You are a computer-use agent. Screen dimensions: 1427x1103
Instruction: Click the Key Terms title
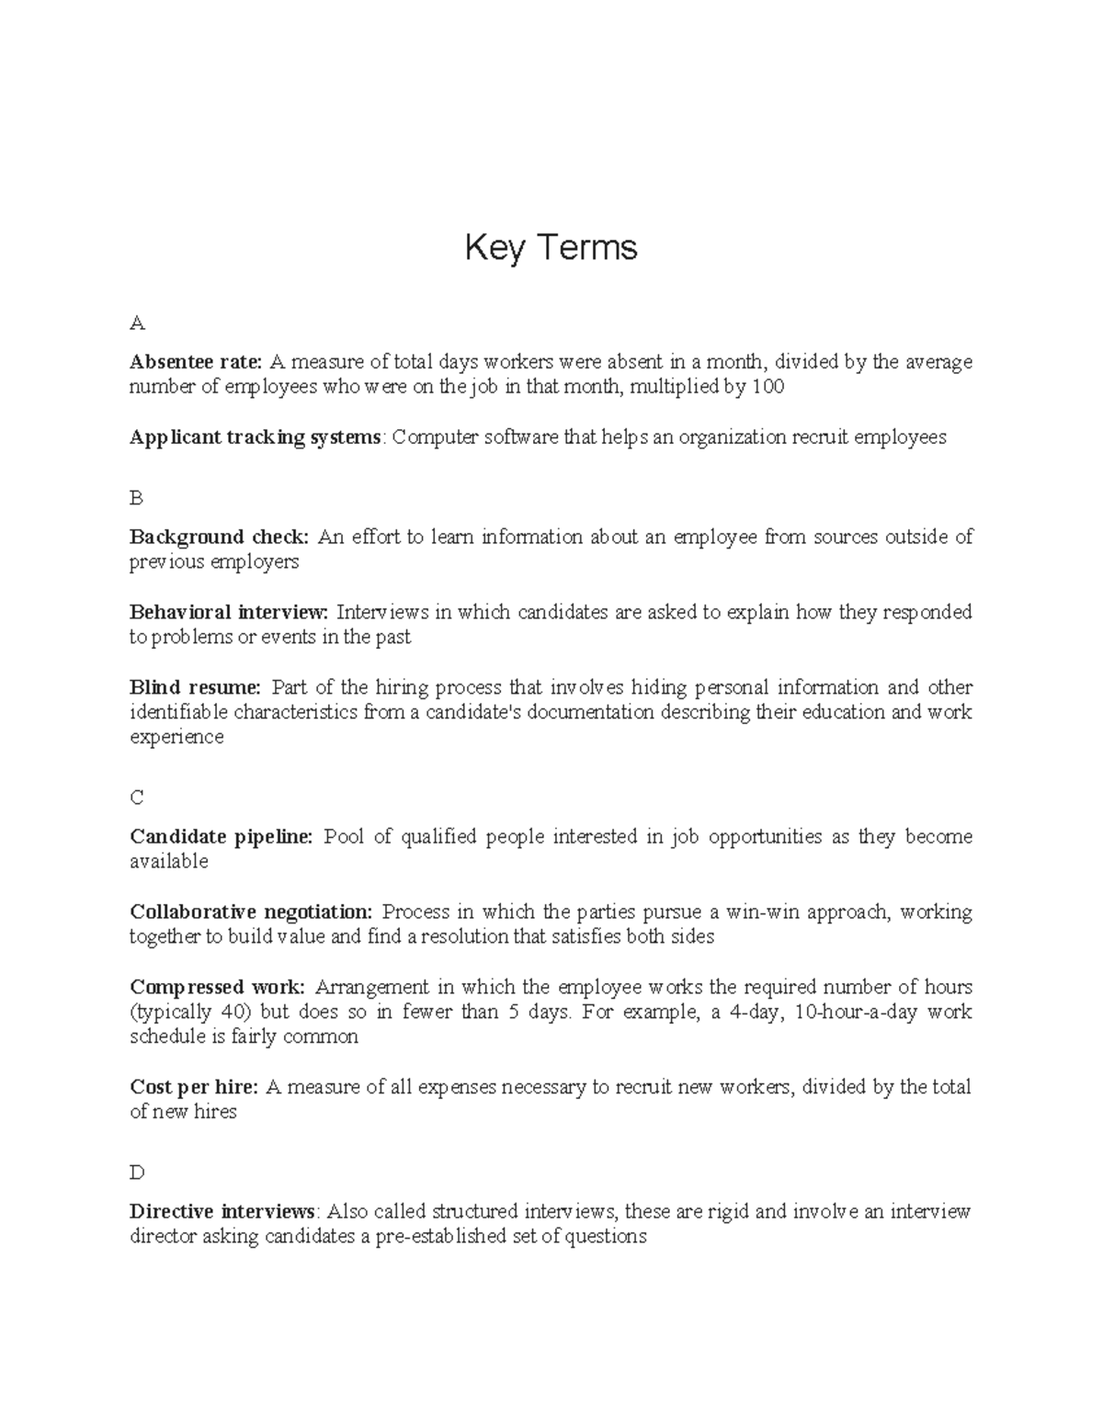(x=551, y=248)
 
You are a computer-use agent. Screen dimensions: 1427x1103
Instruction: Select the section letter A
(x=137, y=323)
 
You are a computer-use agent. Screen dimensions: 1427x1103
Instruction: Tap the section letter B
(x=136, y=498)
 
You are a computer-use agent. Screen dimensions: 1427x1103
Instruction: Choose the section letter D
(x=137, y=1172)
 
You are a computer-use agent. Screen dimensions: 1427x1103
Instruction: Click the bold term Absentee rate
(x=196, y=362)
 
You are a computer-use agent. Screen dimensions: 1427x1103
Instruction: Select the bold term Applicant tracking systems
(x=255, y=437)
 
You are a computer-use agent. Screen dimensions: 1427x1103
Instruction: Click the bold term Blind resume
(x=195, y=687)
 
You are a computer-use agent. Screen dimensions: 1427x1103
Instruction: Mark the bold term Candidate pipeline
(x=221, y=836)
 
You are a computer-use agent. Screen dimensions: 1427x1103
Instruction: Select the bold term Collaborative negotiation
(x=251, y=912)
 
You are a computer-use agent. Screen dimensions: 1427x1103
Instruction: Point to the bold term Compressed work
(x=217, y=987)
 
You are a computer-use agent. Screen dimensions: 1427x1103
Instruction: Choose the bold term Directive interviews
(x=222, y=1211)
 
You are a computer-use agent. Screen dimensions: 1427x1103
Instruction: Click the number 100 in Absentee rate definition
(x=768, y=387)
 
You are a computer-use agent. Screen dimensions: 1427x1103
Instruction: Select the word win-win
(x=760, y=912)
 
